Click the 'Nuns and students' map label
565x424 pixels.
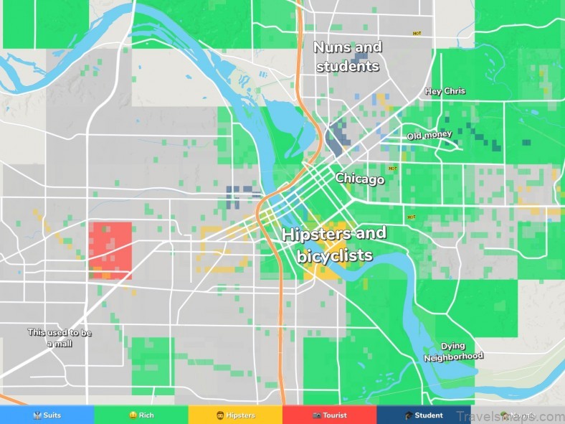pos(347,57)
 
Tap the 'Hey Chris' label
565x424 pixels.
pos(445,91)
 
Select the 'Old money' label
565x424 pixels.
pos(429,136)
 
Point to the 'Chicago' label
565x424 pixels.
pos(360,179)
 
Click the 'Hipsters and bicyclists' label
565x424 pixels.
pos(334,244)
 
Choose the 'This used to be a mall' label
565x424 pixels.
pos(60,338)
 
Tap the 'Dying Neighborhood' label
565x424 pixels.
pos(453,352)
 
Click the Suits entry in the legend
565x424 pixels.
pos(47,415)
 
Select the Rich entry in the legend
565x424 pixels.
pos(141,415)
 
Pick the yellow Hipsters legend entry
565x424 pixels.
pos(235,415)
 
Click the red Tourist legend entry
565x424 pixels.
pos(329,415)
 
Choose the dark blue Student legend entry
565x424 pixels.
pos(424,415)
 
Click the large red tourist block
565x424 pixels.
pos(110,248)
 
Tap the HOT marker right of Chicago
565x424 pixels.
pos(391,169)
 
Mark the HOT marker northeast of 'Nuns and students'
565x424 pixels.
pos(417,33)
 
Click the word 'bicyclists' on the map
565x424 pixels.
pos(334,255)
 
